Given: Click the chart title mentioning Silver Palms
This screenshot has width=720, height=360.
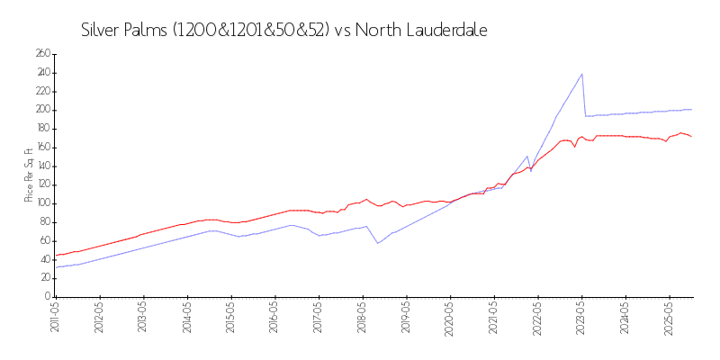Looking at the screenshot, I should pos(283,30).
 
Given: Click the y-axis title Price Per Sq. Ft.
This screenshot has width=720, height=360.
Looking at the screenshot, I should pos(28,175).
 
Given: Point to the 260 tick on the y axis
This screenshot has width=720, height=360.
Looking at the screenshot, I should pos(42,54).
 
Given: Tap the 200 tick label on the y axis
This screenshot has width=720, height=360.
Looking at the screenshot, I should pos(42,110).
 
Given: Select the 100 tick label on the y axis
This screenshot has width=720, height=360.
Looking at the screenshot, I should pos(42,203).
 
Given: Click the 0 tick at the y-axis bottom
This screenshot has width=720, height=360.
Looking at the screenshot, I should pos(46,297).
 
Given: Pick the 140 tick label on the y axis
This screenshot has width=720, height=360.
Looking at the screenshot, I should pos(42,166).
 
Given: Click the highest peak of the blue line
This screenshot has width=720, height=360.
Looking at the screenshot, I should pos(582,74).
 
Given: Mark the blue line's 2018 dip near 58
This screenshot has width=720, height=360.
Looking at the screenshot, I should pos(378,243).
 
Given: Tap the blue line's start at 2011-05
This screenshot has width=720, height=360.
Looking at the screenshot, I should pos(56,267).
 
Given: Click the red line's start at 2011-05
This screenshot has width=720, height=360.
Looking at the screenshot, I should pos(56,255).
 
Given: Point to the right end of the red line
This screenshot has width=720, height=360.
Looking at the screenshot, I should pos(691,136).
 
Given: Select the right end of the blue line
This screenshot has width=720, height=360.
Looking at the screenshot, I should pos(691,110).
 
